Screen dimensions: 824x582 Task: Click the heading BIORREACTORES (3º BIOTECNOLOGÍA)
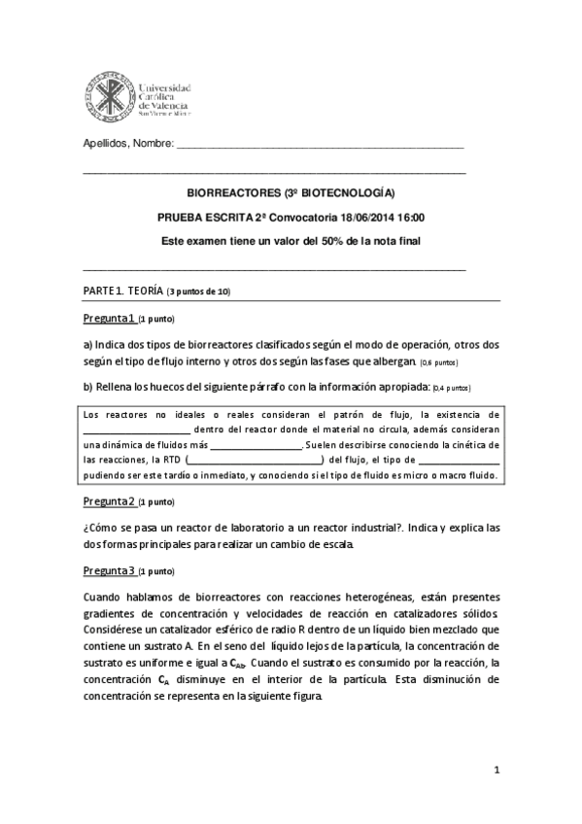click(291, 192)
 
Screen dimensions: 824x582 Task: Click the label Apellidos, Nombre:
click(126, 144)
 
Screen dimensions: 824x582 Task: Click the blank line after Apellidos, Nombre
click(321, 145)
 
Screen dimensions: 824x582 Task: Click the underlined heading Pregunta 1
click(109, 318)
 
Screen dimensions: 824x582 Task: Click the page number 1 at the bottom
click(496, 771)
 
